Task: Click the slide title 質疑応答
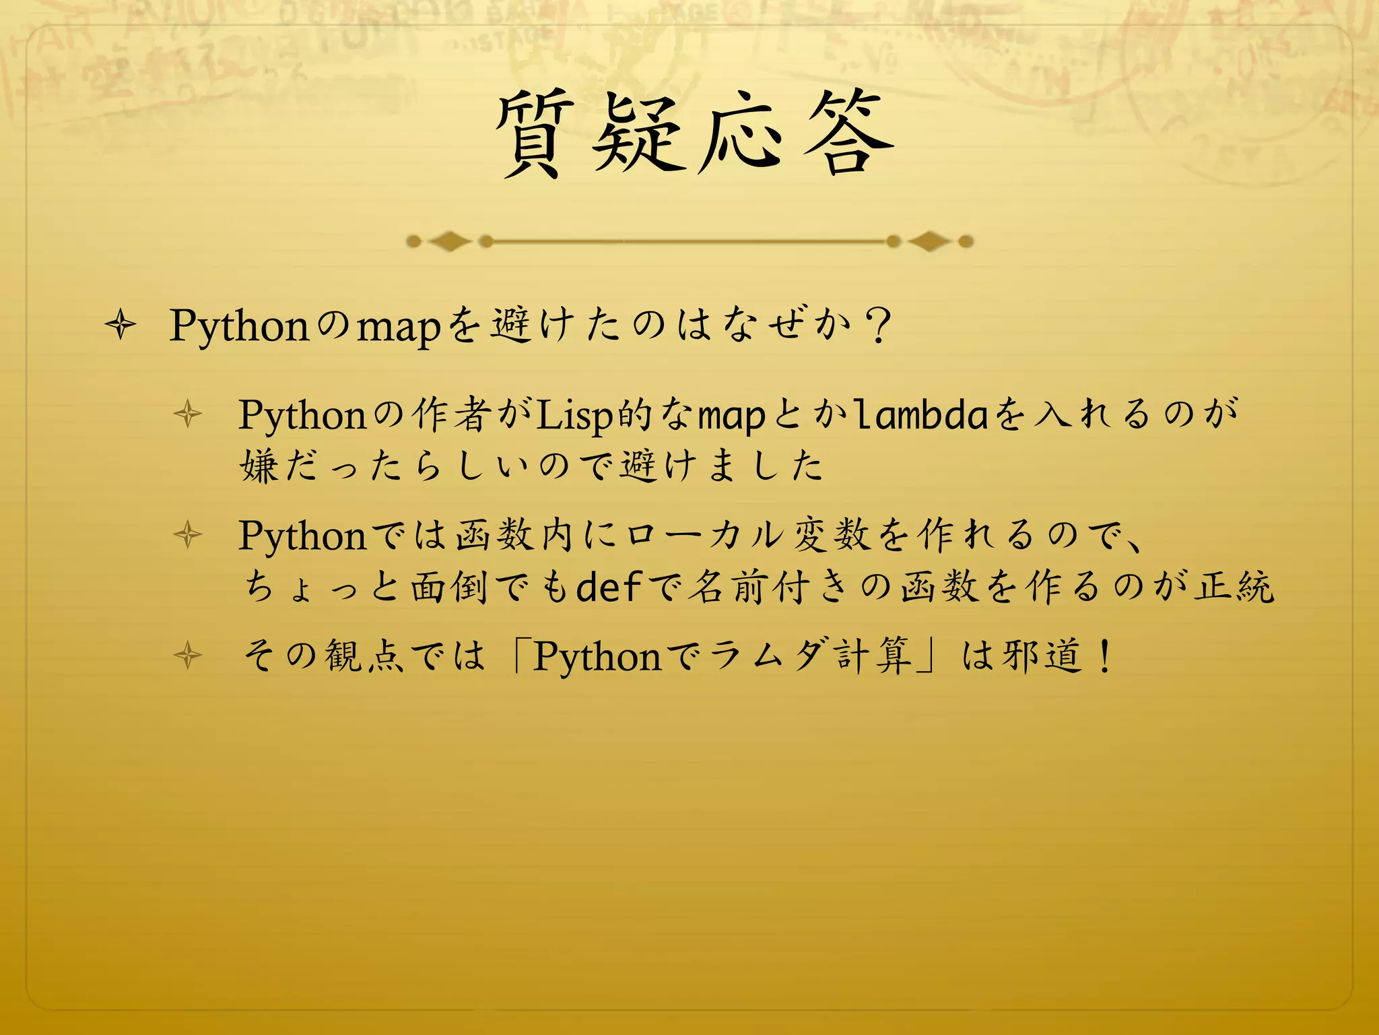[x=694, y=135]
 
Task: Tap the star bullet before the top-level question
[x=121, y=326]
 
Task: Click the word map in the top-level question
[x=398, y=327]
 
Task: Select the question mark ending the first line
[x=879, y=326]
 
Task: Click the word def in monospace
[x=609, y=586]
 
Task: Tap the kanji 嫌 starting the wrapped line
[x=259, y=466]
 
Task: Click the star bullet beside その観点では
[x=188, y=656]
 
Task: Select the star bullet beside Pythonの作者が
[x=188, y=414]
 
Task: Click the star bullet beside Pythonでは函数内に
[x=188, y=536]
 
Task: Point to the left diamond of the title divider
[x=450, y=241]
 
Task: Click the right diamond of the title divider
[x=929, y=241]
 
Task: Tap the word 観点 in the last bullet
[x=364, y=656]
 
